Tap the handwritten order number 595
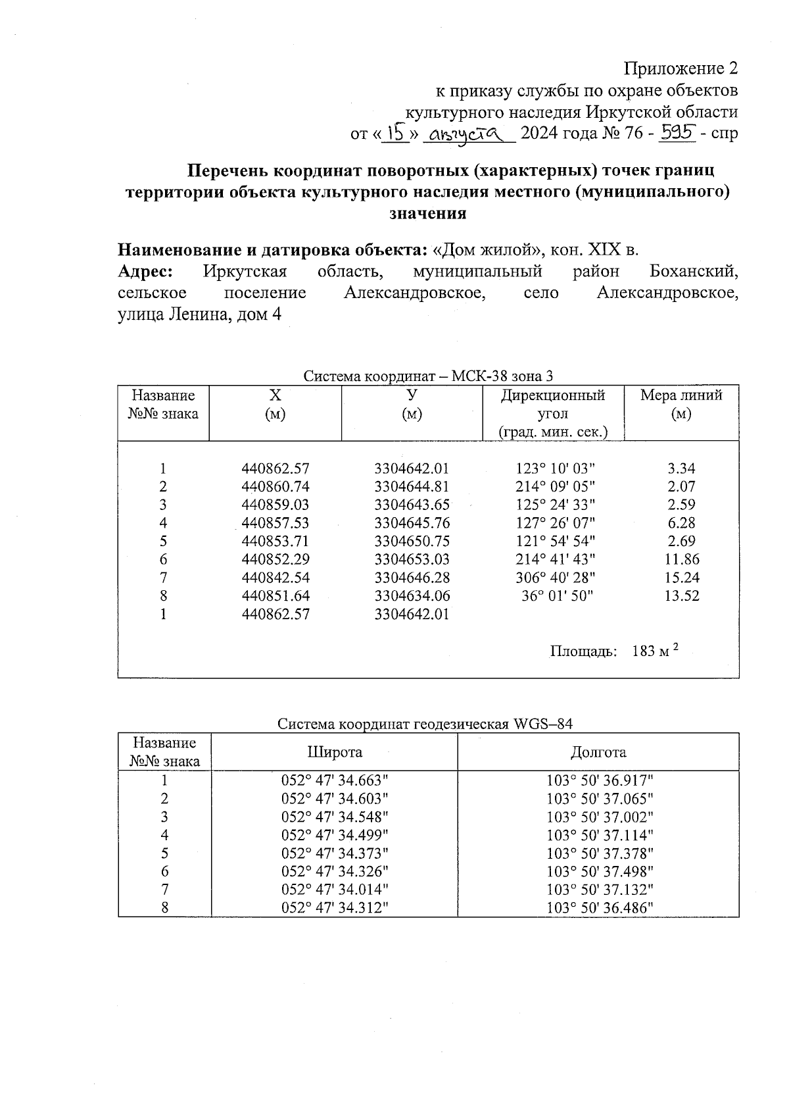pyautogui.click(x=678, y=134)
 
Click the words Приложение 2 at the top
pyautogui.click(x=681, y=68)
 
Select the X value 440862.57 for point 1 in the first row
pyautogui.click(x=275, y=469)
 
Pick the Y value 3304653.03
pyautogui.click(x=412, y=560)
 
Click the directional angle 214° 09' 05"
pyautogui.click(x=556, y=488)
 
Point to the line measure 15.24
pyautogui.click(x=682, y=578)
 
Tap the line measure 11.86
pyautogui.click(x=682, y=560)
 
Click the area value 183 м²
pyautogui.click(x=654, y=651)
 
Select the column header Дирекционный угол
pyautogui.click(x=553, y=405)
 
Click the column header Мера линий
pyautogui.click(x=681, y=395)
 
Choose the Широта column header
pyautogui.click(x=335, y=752)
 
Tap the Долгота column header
pyautogui.click(x=598, y=752)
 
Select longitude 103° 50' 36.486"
pyautogui.click(x=600, y=908)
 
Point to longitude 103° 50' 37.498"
pyautogui.click(x=600, y=872)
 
